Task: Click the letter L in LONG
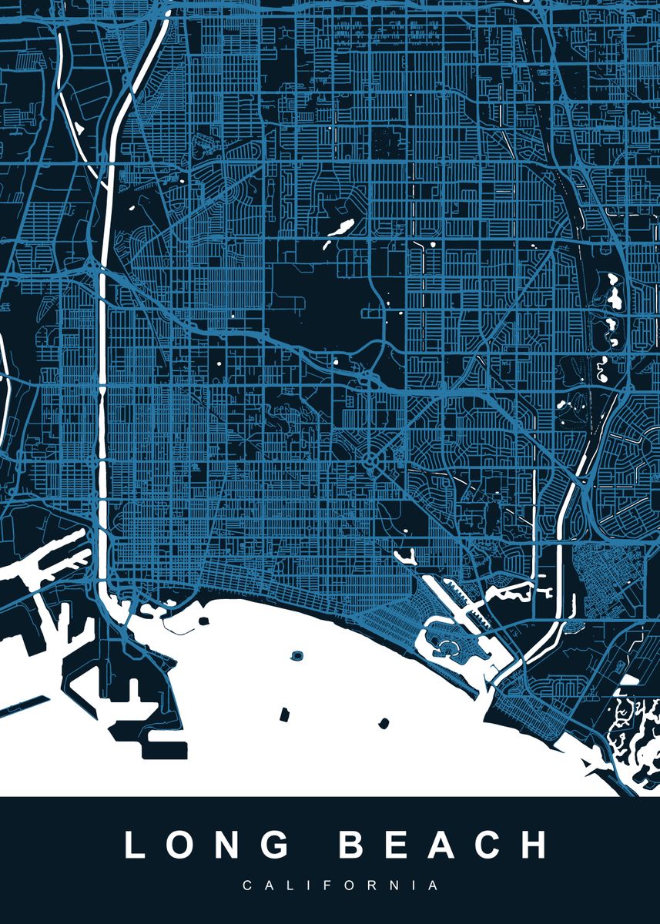coord(136,845)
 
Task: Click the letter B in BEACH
coord(354,845)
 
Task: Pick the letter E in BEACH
coord(400,845)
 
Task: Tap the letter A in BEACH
coord(445,845)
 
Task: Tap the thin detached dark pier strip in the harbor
coord(25,708)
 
